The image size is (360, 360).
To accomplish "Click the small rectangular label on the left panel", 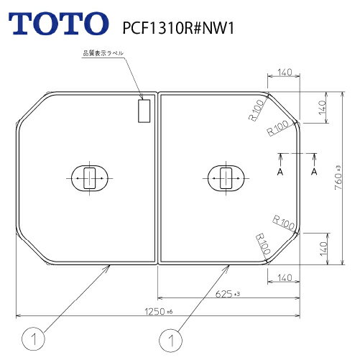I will click(x=142, y=111).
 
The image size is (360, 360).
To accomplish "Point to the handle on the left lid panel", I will click(x=88, y=177).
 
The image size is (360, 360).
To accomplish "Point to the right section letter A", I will click(x=314, y=172).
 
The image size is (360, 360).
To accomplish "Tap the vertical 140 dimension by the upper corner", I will click(x=323, y=109).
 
